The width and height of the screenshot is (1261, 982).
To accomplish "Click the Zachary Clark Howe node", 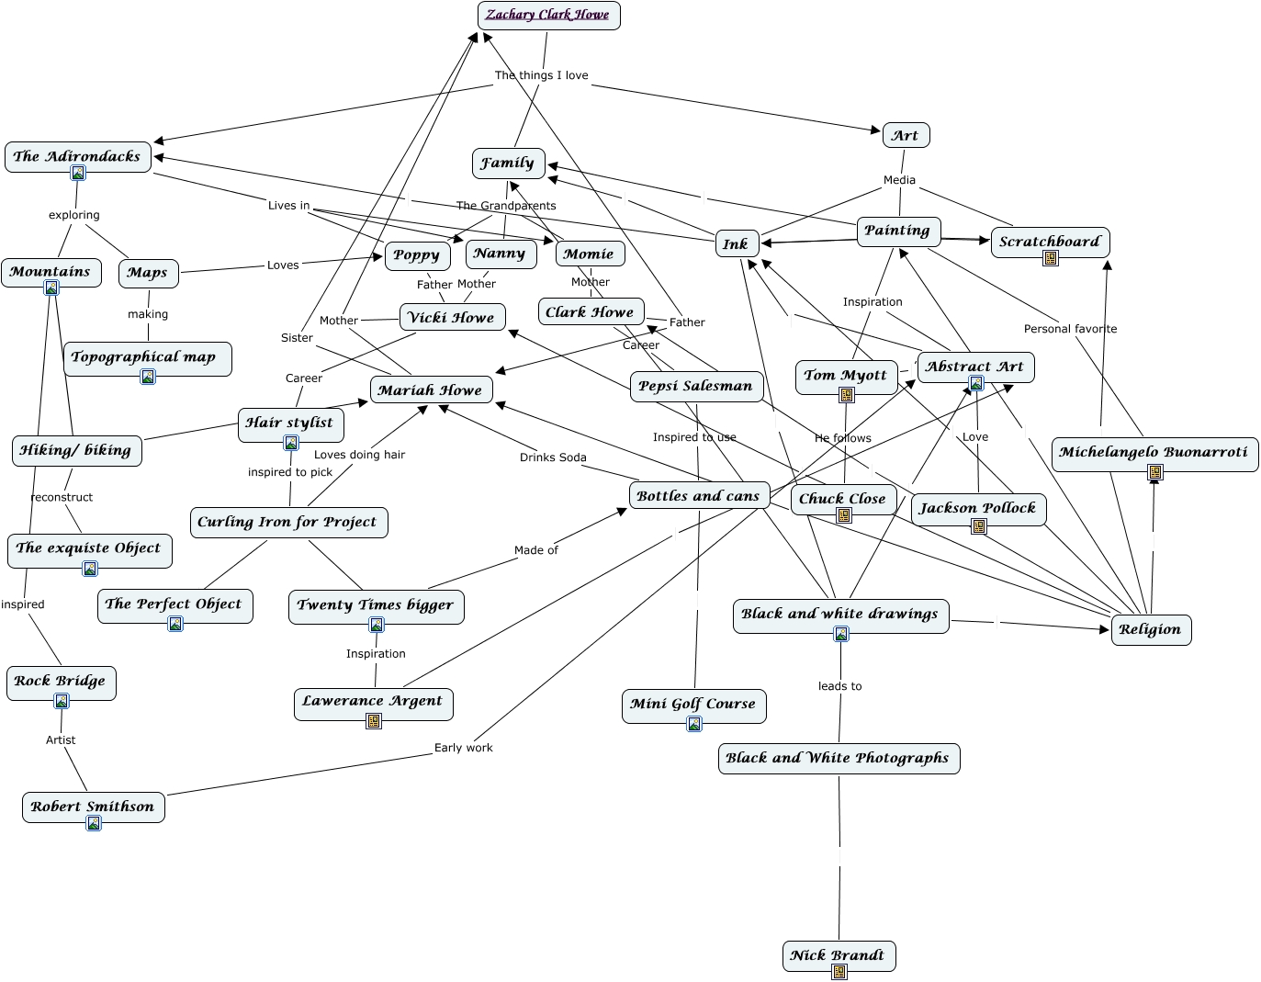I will click(x=548, y=15).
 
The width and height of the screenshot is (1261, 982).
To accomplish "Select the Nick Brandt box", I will click(x=838, y=955).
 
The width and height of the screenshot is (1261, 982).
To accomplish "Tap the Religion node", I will click(x=1150, y=629).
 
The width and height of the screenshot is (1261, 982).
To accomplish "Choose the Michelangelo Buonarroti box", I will click(x=1154, y=452).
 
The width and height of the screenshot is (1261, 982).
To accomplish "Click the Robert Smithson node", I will click(x=93, y=807).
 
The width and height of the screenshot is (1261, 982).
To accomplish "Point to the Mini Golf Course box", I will click(x=693, y=704).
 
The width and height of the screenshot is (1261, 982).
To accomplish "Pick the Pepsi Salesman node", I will click(x=695, y=386).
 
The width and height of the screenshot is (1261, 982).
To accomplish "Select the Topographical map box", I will click(x=144, y=356).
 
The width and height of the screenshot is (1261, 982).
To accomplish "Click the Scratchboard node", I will click(x=1050, y=242).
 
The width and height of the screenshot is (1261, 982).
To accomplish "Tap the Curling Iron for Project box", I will click(x=287, y=522).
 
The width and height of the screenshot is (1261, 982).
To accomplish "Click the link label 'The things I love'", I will click(x=541, y=75).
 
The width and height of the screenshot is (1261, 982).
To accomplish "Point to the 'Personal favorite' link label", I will click(x=1070, y=329).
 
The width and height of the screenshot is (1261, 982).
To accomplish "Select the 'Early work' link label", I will click(x=463, y=748).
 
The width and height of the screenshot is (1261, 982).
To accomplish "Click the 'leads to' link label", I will click(x=839, y=686).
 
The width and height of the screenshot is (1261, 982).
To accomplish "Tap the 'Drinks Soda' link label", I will click(x=553, y=457).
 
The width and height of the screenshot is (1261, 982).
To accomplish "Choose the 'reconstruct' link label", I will click(x=62, y=497).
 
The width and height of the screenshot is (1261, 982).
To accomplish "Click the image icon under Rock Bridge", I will click(x=62, y=701).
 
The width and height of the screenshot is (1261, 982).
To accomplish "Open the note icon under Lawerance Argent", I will click(x=374, y=721).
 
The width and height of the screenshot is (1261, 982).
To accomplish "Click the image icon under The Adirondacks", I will click(x=78, y=173).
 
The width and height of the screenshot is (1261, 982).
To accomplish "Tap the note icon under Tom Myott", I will click(x=847, y=395).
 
